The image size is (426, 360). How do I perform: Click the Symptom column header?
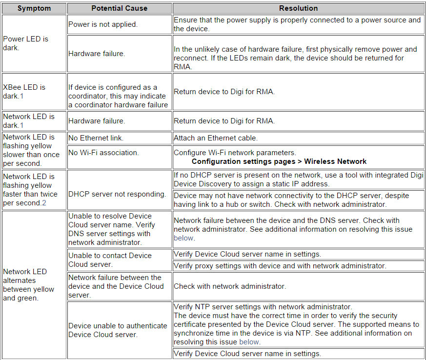(x=34, y=8)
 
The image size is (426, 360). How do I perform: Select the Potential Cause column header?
(x=120, y=8)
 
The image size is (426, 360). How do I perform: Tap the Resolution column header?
(x=298, y=8)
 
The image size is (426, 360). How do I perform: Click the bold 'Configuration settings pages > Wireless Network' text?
(x=279, y=161)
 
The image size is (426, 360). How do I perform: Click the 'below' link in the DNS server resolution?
(x=184, y=238)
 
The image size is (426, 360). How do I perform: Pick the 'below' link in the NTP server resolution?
(x=249, y=342)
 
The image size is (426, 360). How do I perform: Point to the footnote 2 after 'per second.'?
(x=43, y=203)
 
